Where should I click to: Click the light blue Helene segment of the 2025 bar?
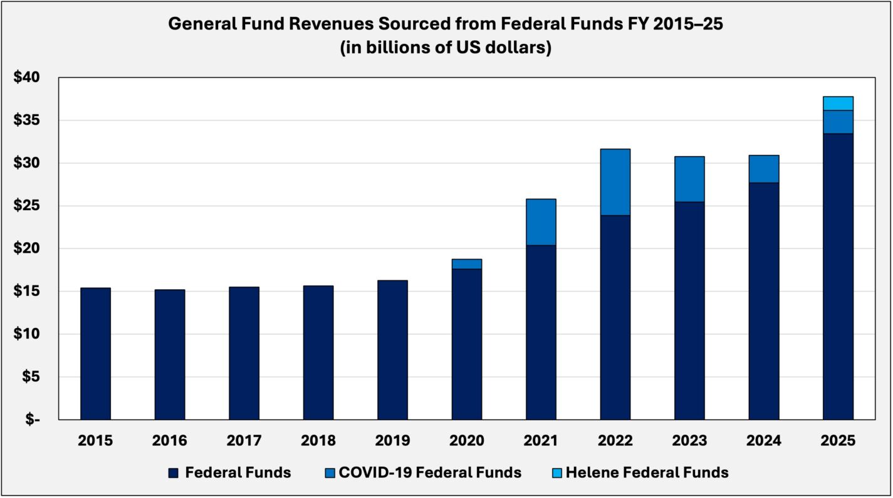tap(838, 103)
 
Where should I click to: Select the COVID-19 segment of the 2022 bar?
tap(615, 182)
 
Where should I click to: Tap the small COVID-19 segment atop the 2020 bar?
tap(466, 264)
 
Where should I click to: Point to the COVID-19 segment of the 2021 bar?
tap(541, 222)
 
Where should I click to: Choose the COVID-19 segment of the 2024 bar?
tap(763, 169)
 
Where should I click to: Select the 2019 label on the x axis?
tap(392, 441)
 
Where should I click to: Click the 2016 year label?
tap(169, 441)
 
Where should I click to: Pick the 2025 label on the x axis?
tap(838, 441)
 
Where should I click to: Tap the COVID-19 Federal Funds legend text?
tap(430, 472)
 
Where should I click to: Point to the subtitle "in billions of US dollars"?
tap(446, 48)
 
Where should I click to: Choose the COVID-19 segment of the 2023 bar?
tap(689, 179)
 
